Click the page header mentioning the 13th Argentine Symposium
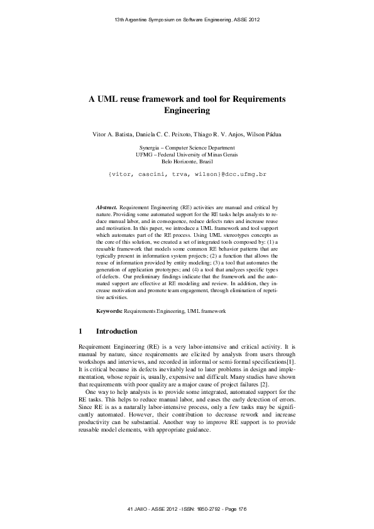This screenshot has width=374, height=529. click(187, 20)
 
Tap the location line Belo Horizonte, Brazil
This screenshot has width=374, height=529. click(187, 161)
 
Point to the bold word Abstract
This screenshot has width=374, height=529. click(106, 206)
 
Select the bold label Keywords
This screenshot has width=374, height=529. click(109, 311)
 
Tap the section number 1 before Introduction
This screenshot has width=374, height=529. click(80, 331)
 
